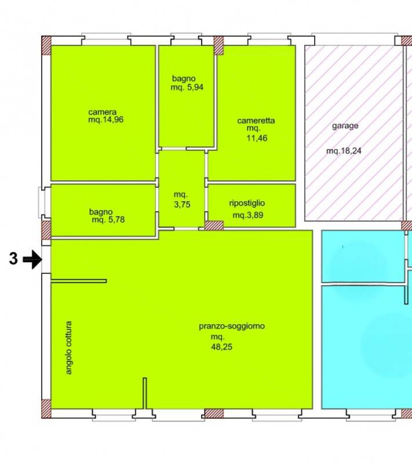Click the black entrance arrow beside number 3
[x=33, y=260]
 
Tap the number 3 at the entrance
[x=13, y=258]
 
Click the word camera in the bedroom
[x=102, y=112]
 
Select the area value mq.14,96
[x=106, y=119]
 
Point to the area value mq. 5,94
[x=187, y=88]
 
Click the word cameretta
[x=256, y=121]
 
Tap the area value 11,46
[x=257, y=138]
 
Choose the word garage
[x=345, y=126]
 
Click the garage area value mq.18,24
[x=344, y=151]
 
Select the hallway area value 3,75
[x=182, y=205]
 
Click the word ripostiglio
[x=247, y=204]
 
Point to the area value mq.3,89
[x=247, y=215]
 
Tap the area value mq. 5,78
[x=108, y=220]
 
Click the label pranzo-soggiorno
[x=232, y=326]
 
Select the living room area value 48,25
[x=222, y=346]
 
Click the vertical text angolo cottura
[x=68, y=347]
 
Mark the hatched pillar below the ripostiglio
[x=214, y=226]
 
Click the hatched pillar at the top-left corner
[x=46, y=45]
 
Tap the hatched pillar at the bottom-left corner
[x=46, y=409]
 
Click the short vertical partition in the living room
[x=145, y=393]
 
